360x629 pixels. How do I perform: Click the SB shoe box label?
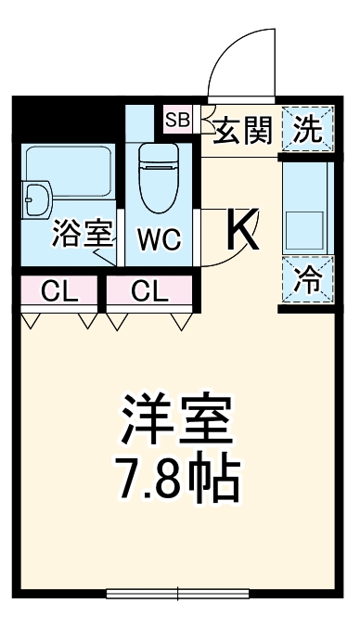pos(176,119)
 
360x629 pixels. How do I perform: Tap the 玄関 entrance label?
pos(242,131)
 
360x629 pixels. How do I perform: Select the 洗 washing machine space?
pos(307,130)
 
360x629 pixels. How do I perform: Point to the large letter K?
pos(242,231)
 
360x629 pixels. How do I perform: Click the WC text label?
pos(161,239)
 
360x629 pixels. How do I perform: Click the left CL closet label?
pos(58,292)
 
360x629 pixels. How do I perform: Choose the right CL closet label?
pos(149,292)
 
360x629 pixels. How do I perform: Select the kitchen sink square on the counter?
pos(304,226)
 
